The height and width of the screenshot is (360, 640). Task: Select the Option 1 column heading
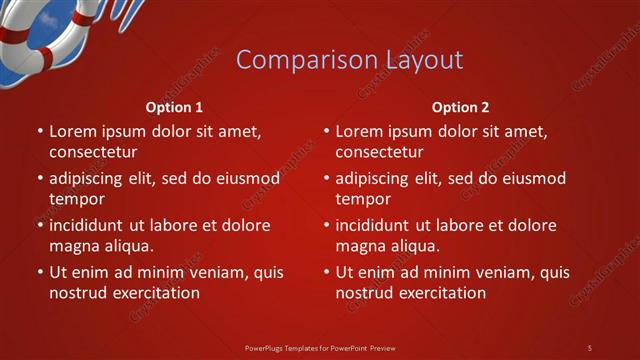pyautogui.click(x=174, y=107)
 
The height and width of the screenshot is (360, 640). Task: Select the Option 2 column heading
pyautogui.click(x=460, y=107)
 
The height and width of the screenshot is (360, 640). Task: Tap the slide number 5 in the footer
pyautogui.click(x=589, y=347)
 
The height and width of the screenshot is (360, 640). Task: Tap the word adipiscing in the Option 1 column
pyautogui.click(x=86, y=179)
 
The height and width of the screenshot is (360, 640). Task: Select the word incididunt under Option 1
pyautogui.click(x=88, y=225)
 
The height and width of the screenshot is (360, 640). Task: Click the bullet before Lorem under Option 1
pyautogui.click(x=38, y=132)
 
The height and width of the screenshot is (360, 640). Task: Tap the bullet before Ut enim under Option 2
pyautogui.click(x=325, y=273)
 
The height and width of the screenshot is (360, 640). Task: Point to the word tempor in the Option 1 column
pyautogui.click(x=77, y=199)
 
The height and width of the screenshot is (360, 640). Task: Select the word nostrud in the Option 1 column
pyautogui.click(x=79, y=293)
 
